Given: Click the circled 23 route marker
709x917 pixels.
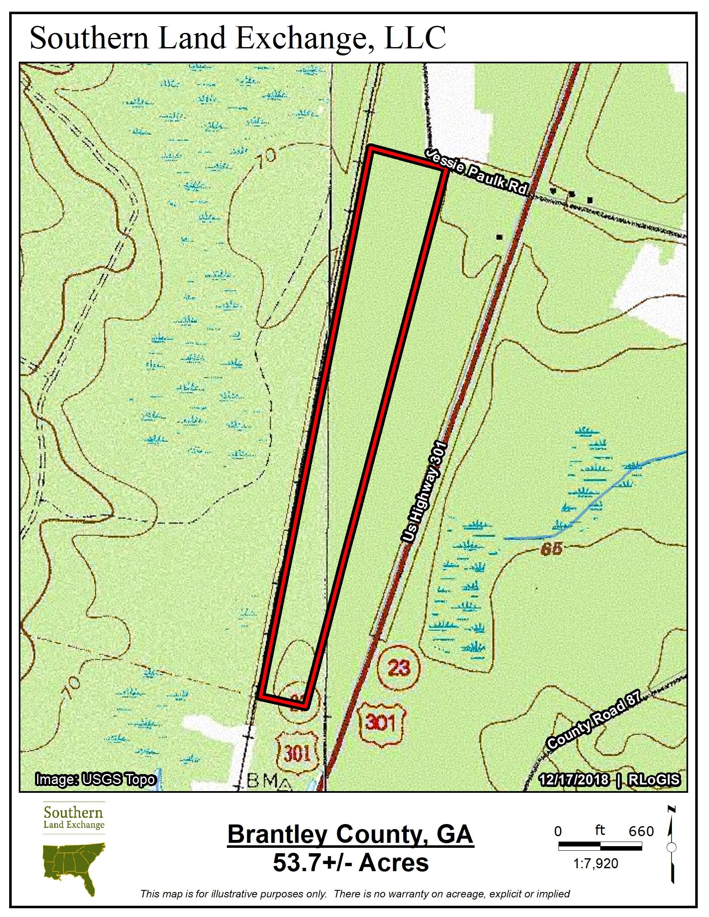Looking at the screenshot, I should coord(399,667).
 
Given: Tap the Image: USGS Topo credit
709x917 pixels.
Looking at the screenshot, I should coord(96,780).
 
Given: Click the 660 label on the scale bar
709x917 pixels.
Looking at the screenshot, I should coord(641,832).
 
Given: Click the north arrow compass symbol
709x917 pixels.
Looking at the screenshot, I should coord(671,846).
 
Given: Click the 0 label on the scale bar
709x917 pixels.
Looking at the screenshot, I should coord(558,832).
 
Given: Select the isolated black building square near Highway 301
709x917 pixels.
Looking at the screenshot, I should coord(499,237).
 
